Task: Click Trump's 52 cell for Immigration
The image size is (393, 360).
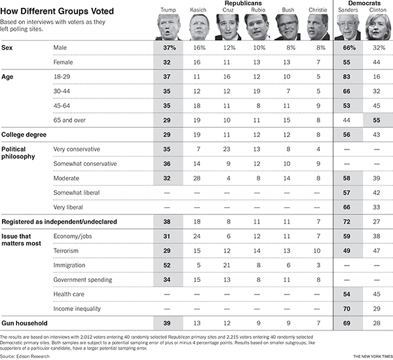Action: [x=167, y=265]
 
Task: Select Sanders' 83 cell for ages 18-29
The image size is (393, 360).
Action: [x=346, y=77]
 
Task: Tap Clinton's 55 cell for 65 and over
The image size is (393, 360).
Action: [x=377, y=120]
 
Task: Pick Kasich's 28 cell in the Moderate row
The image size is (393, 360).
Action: [x=196, y=178]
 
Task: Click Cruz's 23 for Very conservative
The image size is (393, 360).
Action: [x=227, y=149]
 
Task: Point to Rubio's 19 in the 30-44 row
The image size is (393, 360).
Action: [x=257, y=91]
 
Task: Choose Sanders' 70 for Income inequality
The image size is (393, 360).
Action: [x=346, y=309]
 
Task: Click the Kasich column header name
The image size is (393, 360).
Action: [x=198, y=10]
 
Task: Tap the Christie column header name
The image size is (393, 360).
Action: [x=318, y=10]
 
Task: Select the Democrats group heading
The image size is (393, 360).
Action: [x=364, y=3]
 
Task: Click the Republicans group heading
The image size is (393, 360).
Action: [x=243, y=3]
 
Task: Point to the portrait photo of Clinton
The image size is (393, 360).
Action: [x=378, y=27]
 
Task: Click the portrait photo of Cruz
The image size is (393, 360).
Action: [x=228, y=27]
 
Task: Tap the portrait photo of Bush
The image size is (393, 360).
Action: [x=288, y=27]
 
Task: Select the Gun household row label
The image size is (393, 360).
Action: [x=24, y=323]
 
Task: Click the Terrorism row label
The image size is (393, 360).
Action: [x=65, y=250]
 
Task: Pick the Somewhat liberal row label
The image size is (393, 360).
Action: [x=77, y=193]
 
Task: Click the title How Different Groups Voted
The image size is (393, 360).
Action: [x=57, y=11]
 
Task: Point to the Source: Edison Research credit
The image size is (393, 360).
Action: [x=25, y=356]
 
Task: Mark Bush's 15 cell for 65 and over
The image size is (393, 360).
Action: [x=286, y=120]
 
